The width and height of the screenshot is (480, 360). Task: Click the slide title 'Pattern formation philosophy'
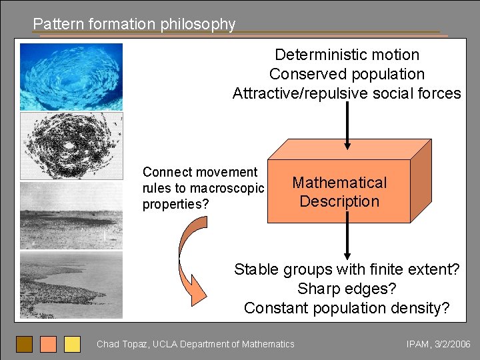[134, 24]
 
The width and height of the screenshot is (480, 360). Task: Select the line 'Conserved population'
[347, 74]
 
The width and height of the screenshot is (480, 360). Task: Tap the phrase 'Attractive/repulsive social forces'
[347, 93]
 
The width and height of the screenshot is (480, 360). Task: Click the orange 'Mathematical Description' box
[339, 192]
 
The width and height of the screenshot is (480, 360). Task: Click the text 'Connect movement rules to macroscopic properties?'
[203, 189]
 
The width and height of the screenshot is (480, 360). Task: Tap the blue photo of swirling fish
[71, 77]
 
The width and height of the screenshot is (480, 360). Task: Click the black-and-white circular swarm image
[71, 146]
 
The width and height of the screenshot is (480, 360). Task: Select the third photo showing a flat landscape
[71, 215]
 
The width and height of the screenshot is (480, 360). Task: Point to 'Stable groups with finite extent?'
[347, 270]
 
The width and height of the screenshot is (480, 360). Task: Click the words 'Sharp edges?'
[347, 289]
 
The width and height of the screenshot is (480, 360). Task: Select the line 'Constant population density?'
[347, 308]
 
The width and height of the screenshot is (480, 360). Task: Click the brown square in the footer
[24, 344]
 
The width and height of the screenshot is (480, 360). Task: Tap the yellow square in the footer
[72, 344]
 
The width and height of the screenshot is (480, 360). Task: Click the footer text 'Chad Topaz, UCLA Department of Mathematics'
[195, 344]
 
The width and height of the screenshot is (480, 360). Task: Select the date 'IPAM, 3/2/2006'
[438, 344]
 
